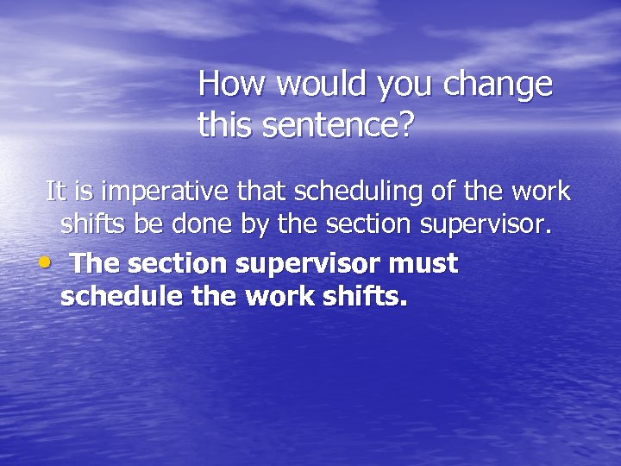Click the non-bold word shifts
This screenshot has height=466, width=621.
(x=90, y=226)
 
